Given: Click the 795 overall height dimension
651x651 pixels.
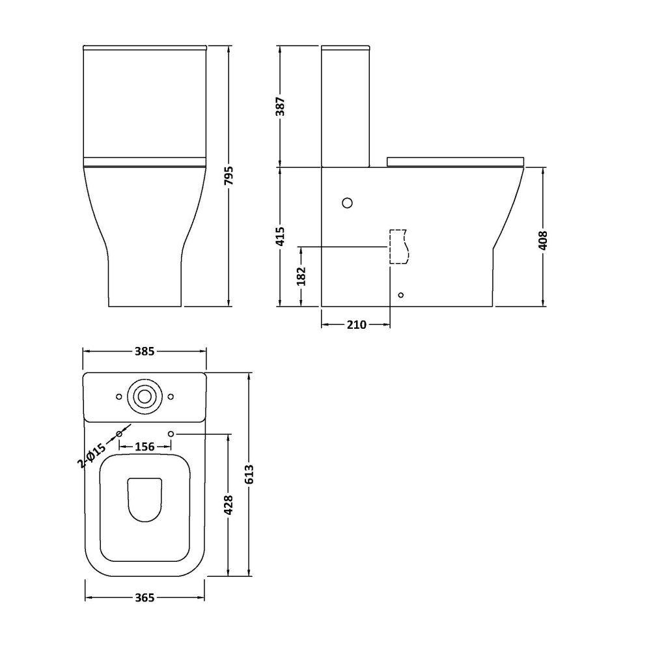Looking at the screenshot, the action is click(229, 176).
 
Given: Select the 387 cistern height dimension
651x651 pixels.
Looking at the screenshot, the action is click(280, 106).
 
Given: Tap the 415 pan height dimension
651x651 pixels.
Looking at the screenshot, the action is click(280, 236).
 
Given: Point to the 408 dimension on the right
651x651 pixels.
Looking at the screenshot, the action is click(543, 240).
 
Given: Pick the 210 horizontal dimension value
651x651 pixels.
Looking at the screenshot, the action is click(357, 325).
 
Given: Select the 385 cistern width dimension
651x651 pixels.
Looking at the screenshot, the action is click(145, 352).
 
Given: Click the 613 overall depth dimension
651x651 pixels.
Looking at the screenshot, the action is click(249, 474).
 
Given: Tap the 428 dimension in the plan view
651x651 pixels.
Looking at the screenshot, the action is click(229, 505).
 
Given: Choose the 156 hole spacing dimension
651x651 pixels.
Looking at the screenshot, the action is click(145, 447).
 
